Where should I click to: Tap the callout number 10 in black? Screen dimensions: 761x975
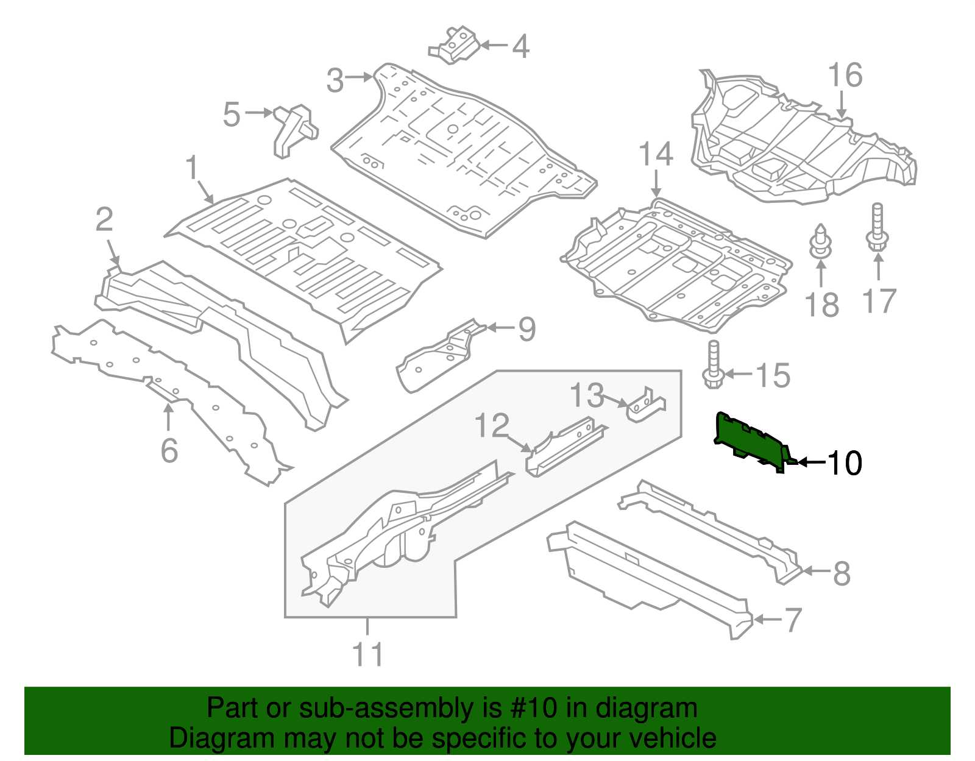pos(844,464)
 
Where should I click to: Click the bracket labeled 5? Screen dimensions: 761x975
pos(295,130)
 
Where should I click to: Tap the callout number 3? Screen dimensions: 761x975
pos(335,80)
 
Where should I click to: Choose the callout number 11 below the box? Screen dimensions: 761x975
pos(368,655)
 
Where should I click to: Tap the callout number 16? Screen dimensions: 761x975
pos(845,76)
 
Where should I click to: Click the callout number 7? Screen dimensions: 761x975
pos(793,620)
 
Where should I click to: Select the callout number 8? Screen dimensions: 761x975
pos(842,573)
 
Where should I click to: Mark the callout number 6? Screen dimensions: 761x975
pos(169,451)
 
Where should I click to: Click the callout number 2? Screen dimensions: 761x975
pos(104,220)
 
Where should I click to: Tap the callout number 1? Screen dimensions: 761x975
pos(192,168)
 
